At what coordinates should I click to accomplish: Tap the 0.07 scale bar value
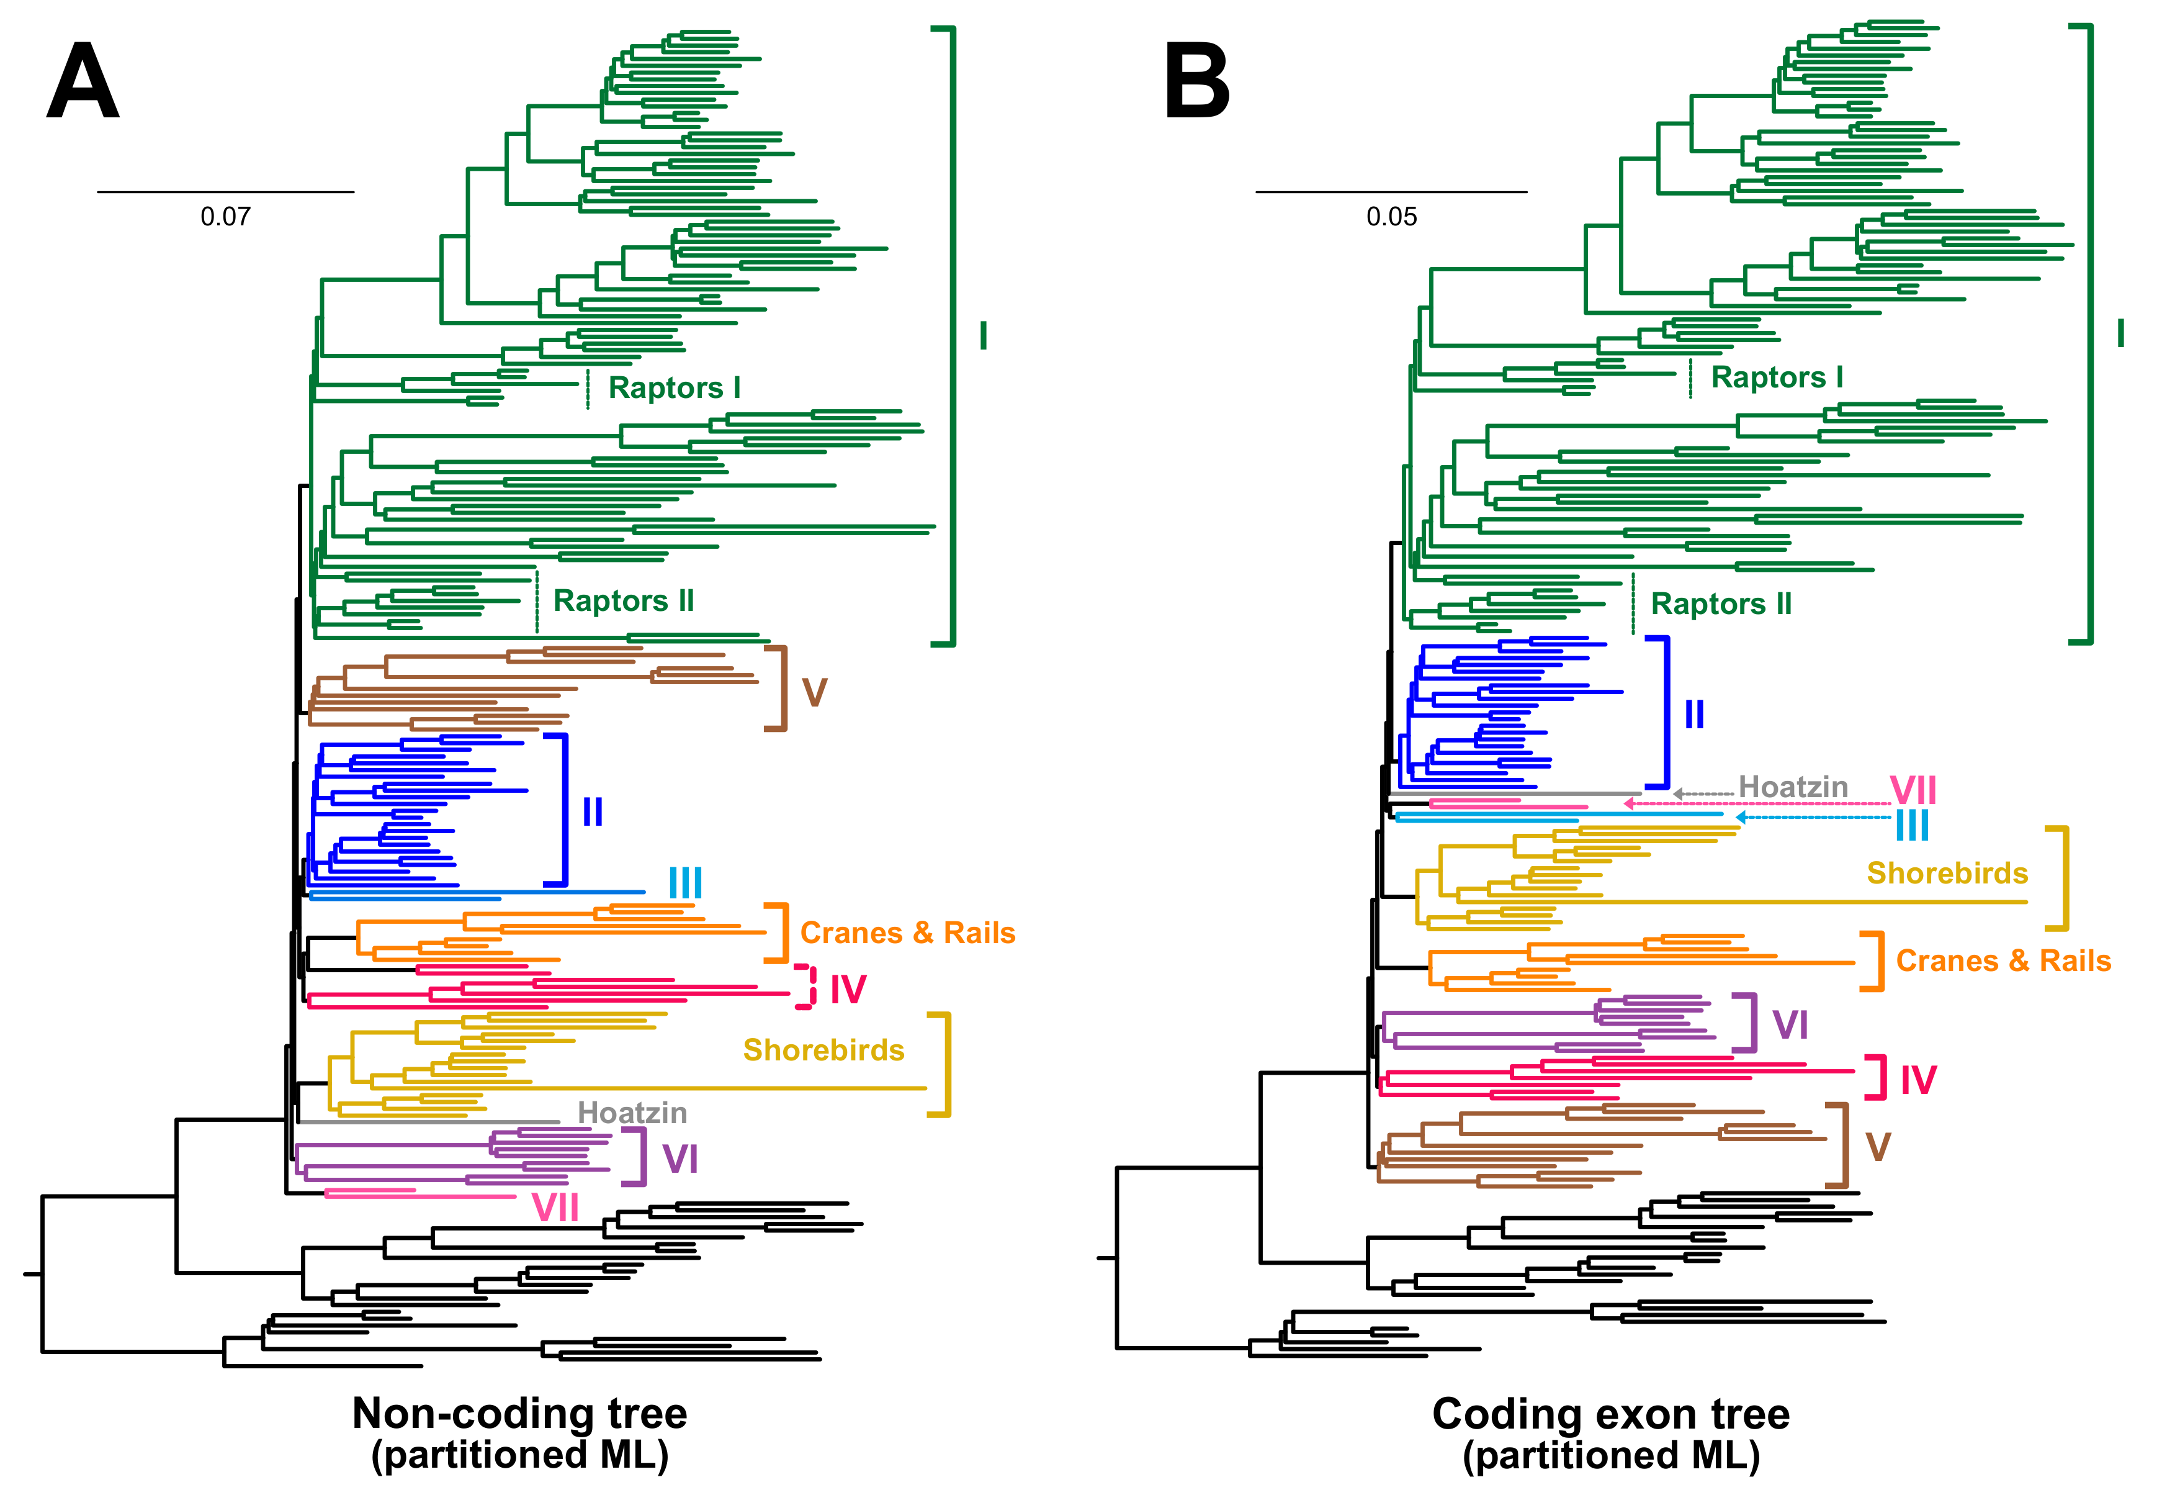coord(226,217)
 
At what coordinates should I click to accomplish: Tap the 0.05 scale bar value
coord(1391,217)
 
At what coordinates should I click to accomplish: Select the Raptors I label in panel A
coord(674,388)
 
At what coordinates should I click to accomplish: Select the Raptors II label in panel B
coord(1721,604)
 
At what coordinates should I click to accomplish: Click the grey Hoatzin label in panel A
coord(632,1113)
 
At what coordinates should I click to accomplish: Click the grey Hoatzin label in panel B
coord(1793,787)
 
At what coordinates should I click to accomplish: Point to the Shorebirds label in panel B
coord(1947,873)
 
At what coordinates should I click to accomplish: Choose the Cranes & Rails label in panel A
coord(907,933)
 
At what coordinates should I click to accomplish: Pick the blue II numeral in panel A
coord(592,812)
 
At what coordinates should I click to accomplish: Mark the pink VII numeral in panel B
coord(1913,790)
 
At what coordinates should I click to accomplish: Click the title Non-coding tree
coord(519,1414)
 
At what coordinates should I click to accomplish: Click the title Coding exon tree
coord(1610,1414)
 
